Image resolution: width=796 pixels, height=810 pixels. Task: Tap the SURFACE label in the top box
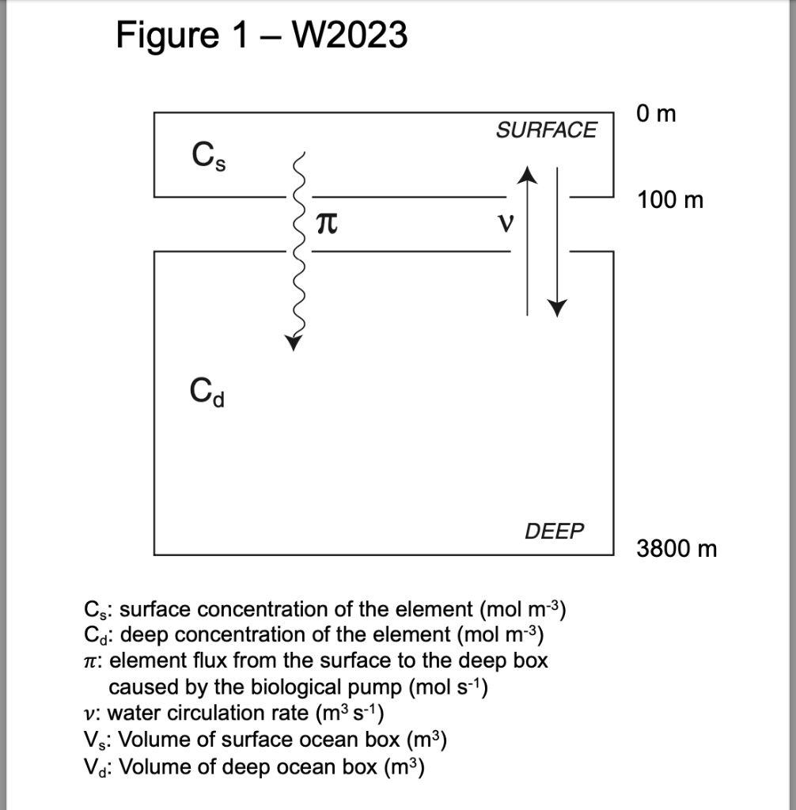coord(547,131)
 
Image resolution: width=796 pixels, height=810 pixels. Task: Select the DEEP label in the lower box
coord(554,532)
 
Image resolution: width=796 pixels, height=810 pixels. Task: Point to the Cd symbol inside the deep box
coord(208,391)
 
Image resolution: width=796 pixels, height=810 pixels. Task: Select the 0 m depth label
coord(655,115)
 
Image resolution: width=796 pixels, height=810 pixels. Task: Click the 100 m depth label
coord(669,201)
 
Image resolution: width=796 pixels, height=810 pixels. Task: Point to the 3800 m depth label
coord(677,548)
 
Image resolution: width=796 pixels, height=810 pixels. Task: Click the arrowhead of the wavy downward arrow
coord(294,342)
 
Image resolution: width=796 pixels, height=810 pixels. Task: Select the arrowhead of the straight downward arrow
coord(559,307)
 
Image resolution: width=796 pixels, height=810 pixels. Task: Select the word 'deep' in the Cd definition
coord(143,635)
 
